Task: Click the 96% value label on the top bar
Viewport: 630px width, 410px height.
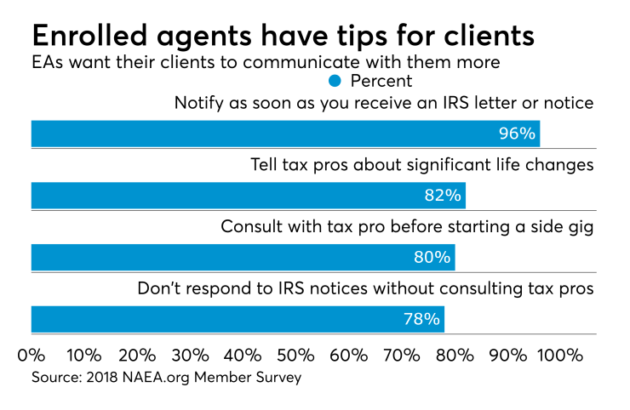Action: (x=517, y=134)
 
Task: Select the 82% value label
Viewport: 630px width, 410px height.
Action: (x=443, y=196)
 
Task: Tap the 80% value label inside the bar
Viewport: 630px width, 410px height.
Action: (x=432, y=257)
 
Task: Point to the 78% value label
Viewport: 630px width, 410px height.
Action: (x=422, y=319)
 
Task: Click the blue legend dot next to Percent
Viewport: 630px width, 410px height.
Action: (x=335, y=81)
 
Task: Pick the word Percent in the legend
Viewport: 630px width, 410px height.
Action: (x=381, y=81)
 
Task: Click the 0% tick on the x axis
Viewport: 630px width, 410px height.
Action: (x=31, y=354)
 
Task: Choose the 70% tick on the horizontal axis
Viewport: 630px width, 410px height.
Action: (x=401, y=354)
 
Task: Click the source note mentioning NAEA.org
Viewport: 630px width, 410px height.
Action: (x=166, y=376)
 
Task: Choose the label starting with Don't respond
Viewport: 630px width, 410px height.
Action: (x=365, y=288)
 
